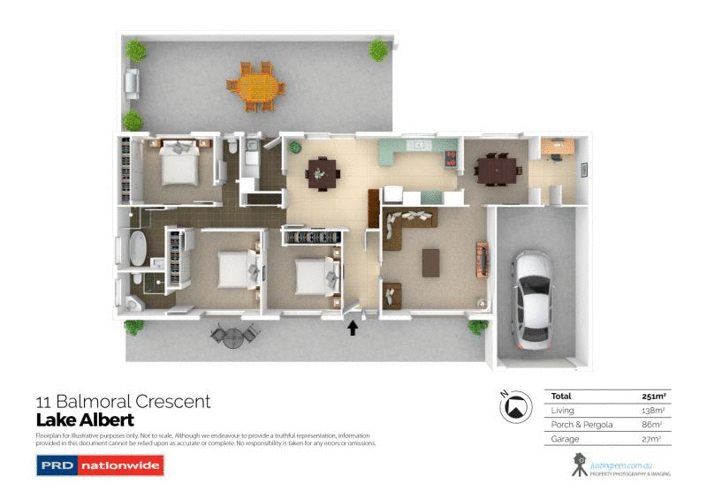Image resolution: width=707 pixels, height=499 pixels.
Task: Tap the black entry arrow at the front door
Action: coord(353,329)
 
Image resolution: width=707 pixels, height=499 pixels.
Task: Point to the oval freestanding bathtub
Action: coord(138,249)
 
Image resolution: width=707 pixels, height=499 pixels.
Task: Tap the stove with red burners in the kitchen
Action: coord(452,160)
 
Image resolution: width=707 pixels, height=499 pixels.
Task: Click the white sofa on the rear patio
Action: coord(132,83)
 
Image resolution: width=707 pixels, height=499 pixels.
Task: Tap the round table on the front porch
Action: coord(232,336)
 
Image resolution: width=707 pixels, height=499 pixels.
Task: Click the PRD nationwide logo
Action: coord(99,465)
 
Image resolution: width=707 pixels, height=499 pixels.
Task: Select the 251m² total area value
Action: coord(652,396)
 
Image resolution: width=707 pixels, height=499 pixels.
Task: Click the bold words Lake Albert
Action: coord(84,420)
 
